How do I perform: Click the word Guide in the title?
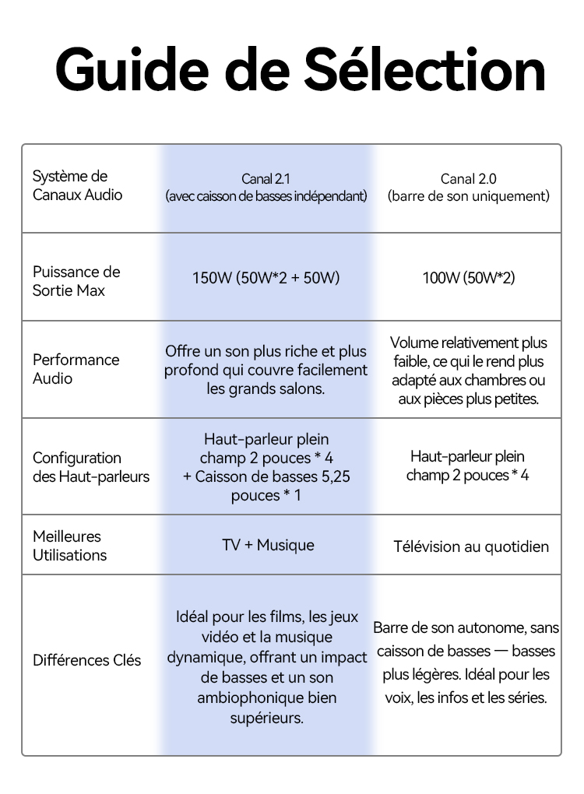[x=132, y=69]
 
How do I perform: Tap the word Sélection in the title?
[x=424, y=69]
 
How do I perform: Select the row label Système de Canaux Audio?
[x=78, y=185]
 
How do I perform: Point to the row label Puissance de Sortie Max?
[x=76, y=281]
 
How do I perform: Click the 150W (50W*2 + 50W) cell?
[x=266, y=277]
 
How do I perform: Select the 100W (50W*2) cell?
[x=469, y=277]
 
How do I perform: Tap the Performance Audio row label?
[x=76, y=369]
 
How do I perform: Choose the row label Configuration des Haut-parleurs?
[x=91, y=467]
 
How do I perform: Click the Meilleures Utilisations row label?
[x=70, y=546]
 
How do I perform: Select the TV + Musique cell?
[x=268, y=545]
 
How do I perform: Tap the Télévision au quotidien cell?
[x=471, y=546]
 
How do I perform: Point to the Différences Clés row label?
[x=86, y=660]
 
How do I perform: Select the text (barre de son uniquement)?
[x=469, y=196]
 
